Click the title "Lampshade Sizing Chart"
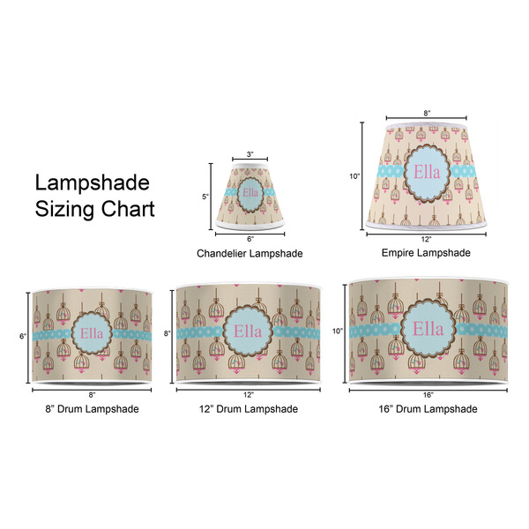pos(95,196)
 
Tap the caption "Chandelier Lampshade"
pos(250,253)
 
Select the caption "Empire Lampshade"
pos(426,253)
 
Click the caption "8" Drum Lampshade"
pos(92,409)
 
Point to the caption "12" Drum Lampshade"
pos(249,409)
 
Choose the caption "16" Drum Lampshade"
pos(428,409)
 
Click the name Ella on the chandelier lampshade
pos(250,193)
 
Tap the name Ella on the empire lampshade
pos(427,173)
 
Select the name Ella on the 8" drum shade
pos(92,333)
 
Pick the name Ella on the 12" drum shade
pos(248,332)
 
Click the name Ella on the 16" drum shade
pos(428,329)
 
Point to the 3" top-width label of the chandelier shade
pos(250,154)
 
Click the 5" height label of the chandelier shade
pos(205,197)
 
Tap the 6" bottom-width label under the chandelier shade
pos(250,239)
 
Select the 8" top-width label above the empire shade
pos(427,114)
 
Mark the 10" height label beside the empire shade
pos(354,176)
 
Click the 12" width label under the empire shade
pos(426,239)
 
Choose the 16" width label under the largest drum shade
pos(428,395)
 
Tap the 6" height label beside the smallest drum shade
pos(23,336)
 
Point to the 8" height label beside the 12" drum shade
pos(168,333)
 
